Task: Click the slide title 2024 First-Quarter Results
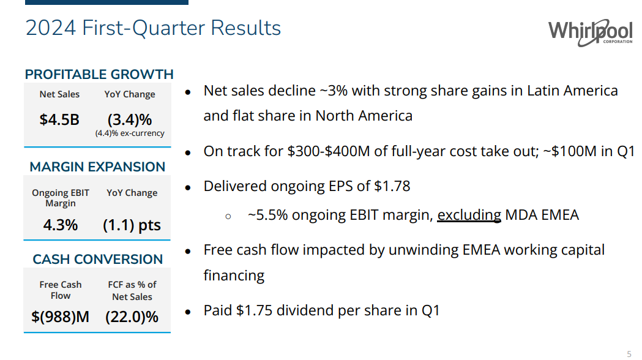click(153, 28)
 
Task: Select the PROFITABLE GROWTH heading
click(99, 75)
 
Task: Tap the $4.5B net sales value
click(59, 119)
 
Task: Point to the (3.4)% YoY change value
click(130, 119)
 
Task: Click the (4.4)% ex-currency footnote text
click(130, 133)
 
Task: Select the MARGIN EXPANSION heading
click(97, 167)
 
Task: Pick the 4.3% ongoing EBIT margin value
click(61, 225)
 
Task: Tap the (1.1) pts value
click(132, 225)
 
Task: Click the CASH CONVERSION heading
click(98, 260)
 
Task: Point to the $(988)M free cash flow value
click(61, 317)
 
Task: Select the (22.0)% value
click(132, 317)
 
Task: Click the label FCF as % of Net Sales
click(132, 291)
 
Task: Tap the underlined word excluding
click(469, 215)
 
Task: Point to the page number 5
click(629, 354)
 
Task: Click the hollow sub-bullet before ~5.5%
click(228, 216)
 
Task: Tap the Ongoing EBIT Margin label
click(61, 198)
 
